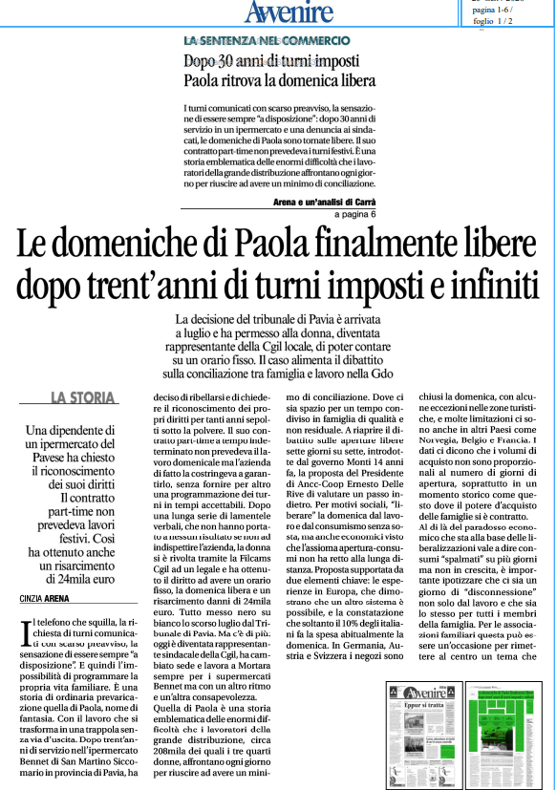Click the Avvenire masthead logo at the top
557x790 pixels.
[287, 12]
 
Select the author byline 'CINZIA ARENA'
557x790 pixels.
[46, 599]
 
